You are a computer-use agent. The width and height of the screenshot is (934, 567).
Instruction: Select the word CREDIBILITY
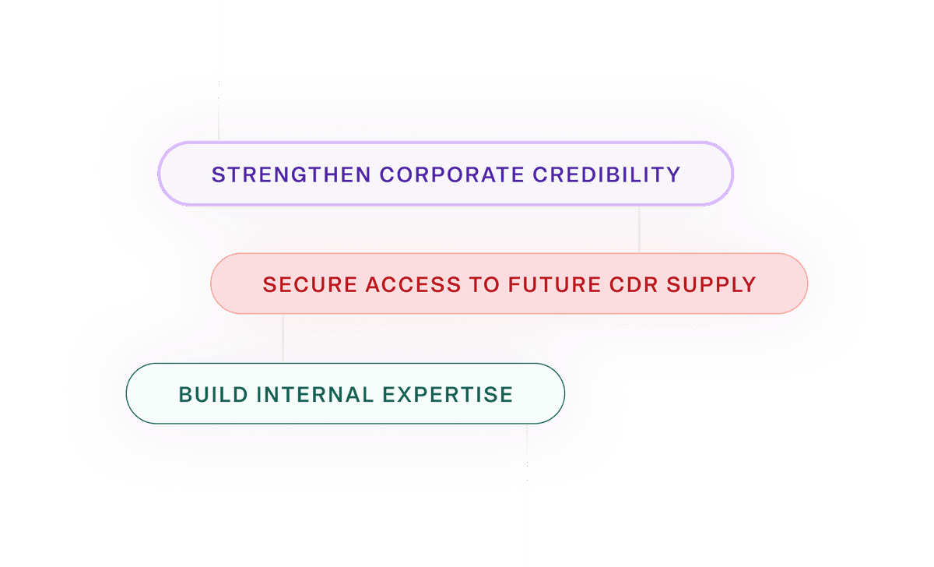click(x=606, y=174)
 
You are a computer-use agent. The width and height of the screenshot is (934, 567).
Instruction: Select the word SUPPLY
click(x=713, y=284)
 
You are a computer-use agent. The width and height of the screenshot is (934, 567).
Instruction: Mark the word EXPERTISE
click(x=448, y=394)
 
